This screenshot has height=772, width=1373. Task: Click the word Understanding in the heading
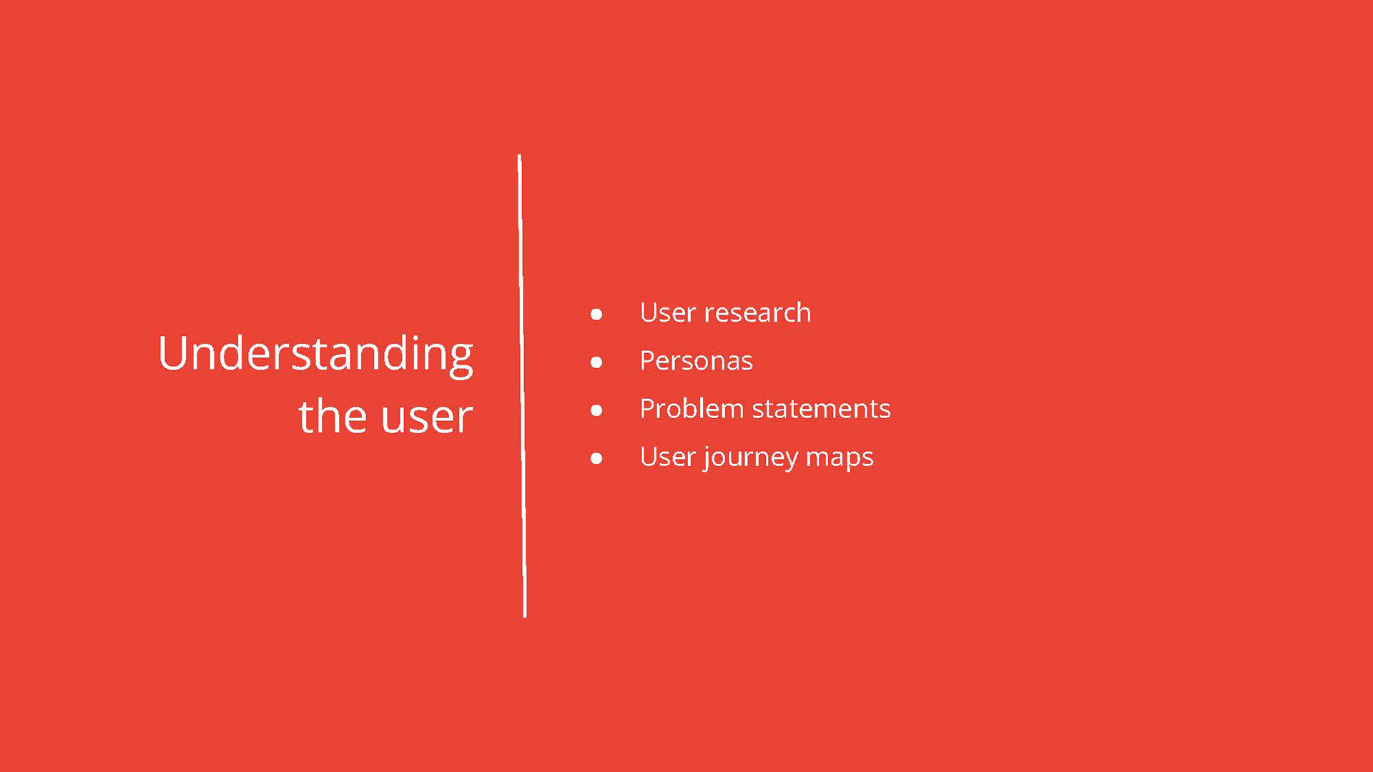[315, 355]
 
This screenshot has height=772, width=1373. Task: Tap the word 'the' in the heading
[333, 416]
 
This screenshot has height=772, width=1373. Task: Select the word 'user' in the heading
[427, 420]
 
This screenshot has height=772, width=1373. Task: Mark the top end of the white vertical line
[519, 155]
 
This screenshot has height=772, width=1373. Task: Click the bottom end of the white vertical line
[525, 616]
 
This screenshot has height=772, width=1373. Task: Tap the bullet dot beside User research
[596, 315]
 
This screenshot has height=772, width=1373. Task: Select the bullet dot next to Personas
[596, 362]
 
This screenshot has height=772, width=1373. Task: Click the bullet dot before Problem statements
[596, 410]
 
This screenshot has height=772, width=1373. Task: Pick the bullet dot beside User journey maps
[596, 458]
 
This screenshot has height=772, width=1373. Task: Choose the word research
[758, 313]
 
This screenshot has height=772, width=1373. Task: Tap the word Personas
[697, 361]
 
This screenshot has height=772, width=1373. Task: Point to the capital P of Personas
[648, 361]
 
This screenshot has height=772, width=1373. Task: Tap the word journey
[751, 458]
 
